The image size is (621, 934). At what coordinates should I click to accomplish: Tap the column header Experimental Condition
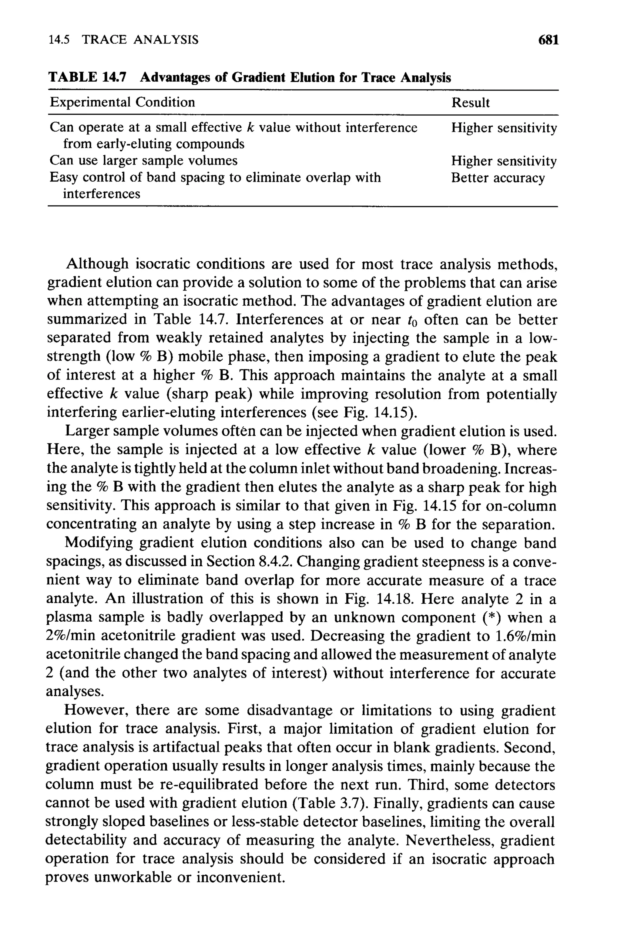[x=123, y=102]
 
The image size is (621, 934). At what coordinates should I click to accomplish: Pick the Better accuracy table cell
[x=498, y=178]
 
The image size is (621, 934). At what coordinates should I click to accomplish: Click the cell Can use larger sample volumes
[x=143, y=161]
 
